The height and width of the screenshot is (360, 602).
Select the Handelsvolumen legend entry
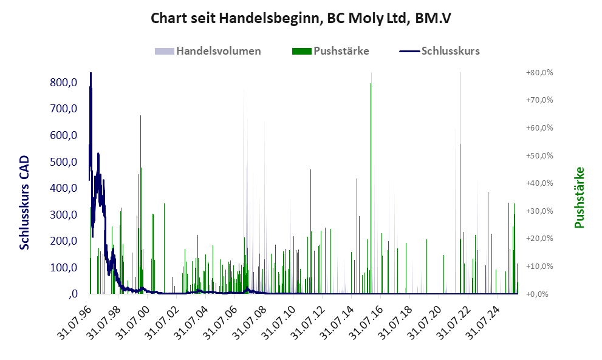tap(218, 51)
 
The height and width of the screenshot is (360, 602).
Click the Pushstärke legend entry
tap(341, 51)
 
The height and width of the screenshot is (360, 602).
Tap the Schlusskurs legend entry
tap(450, 51)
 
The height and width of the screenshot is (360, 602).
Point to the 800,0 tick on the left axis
tap(64, 83)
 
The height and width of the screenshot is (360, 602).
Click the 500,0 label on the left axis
tap(64, 162)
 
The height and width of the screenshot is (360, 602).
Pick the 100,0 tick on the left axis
tap(64, 268)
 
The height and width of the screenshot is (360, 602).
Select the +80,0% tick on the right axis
tap(540, 73)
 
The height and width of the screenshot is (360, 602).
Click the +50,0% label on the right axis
tap(540, 156)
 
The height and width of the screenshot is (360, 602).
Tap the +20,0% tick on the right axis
tap(540, 239)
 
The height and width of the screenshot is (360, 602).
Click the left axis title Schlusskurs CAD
tap(25, 202)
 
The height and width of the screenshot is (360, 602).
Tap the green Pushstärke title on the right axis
tap(579, 197)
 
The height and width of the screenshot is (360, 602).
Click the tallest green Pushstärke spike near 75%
tap(371, 85)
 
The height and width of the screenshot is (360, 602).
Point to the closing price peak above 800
tap(91, 74)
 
